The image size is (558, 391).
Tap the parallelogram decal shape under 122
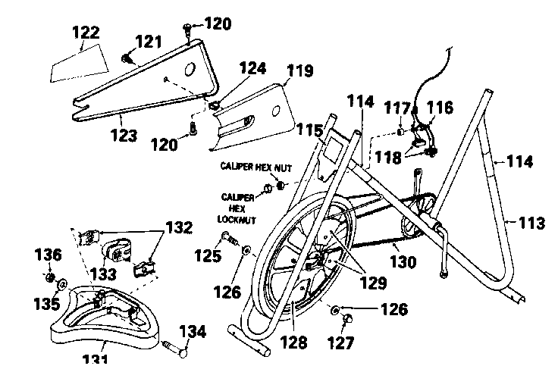click(x=77, y=64)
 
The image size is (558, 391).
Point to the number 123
click(x=123, y=136)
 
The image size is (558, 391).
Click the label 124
click(x=252, y=69)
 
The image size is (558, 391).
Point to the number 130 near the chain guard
click(x=403, y=262)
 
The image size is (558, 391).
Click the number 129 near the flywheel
click(x=363, y=284)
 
